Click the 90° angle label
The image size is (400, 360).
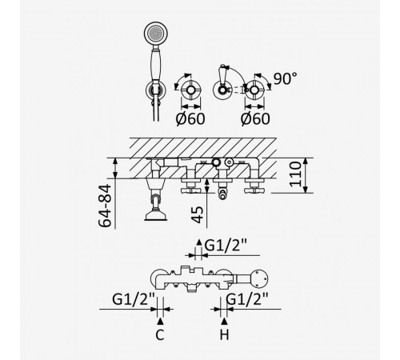pyautogui.click(x=285, y=78)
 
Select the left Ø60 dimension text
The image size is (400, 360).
pyautogui.click(x=190, y=119)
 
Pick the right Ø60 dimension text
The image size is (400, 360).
pyautogui.click(x=255, y=119)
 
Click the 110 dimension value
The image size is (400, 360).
pyautogui.click(x=295, y=174)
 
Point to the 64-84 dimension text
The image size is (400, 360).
pyautogui.click(x=105, y=206)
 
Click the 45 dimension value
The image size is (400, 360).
pyautogui.click(x=198, y=214)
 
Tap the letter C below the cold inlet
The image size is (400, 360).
pyautogui.click(x=160, y=335)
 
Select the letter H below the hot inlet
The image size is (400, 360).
pyautogui.click(x=225, y=335)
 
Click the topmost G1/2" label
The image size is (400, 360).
pyautogui.click(x=226, y=246)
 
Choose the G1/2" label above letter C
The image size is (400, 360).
pyautogui.click(x=134, y=299)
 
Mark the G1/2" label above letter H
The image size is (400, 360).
pyautogui.click(x=247, y=299)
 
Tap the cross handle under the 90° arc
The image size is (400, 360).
pyautogui.click(x=254, y=90)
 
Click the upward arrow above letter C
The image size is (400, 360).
pyautogui.click(x=160, y=321)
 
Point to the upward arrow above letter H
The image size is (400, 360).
pyautogui.click(x=225, y=321)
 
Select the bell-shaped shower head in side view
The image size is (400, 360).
pyautogui.click(x=156, y=215)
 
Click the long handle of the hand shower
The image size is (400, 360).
pyautogui.click(x=155, y=65)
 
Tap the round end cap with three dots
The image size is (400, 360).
pyautogui.click(x=260, y=279)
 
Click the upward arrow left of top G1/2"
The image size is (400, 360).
pyautogui.click(x=199, y=242)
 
